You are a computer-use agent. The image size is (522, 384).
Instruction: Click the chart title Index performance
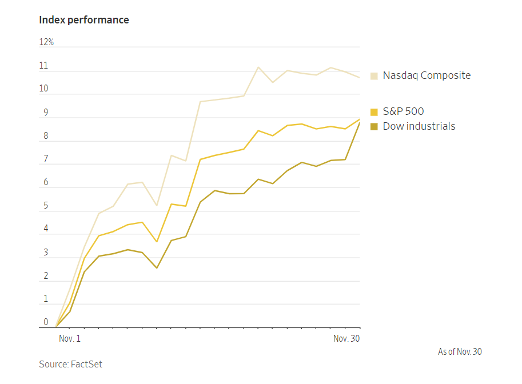pos(84,20)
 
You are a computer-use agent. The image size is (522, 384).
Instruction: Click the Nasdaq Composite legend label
pos(427,75)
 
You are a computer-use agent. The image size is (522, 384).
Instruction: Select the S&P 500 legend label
pos(403,111)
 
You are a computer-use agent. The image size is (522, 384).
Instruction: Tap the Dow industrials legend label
pos(419,126)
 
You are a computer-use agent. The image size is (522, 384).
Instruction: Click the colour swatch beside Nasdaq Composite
pos(374,75)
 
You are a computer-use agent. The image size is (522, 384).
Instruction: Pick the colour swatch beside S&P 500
pos(374,112)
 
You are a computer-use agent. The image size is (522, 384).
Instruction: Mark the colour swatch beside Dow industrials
pos(374,126)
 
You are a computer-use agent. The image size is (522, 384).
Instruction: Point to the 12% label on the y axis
pos(46,42)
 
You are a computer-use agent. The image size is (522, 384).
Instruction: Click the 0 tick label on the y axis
pos(46,322)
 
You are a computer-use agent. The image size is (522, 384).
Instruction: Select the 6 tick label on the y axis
pos(46,182)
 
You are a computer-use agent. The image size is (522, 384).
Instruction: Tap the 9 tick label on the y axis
pos(46,113)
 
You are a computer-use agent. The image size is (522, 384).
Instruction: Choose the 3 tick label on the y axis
pos(46,253)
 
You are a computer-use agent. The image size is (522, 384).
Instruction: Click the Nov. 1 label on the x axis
pos(70,339)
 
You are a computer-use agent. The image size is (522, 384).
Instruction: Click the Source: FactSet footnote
pos(70,364)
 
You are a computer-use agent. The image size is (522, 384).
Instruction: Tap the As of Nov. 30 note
pos(460,352)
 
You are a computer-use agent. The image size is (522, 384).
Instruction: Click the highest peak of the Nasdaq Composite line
pos(258,67)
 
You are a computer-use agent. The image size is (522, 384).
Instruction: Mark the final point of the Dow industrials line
pos(360,123)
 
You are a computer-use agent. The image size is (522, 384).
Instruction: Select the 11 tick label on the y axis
pos(44,66)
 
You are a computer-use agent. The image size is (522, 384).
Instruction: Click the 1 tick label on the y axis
pos(46,299)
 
